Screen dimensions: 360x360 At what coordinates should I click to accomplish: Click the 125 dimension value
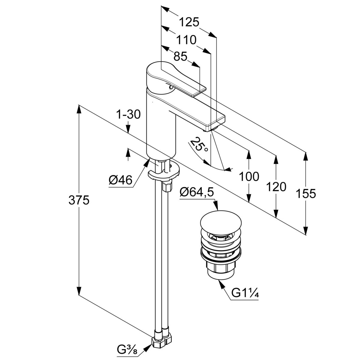(x=189, y=22)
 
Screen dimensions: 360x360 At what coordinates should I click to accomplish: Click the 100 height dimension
(x=249, y=177)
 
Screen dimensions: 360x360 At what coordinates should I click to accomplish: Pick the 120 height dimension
(x=276, y=187)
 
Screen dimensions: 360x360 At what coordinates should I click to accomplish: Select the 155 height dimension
(x=306, y=194)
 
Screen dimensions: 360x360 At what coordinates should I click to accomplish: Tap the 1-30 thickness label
(x=128, y=114)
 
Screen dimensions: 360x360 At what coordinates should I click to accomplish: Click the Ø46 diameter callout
(x=120, y=180)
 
